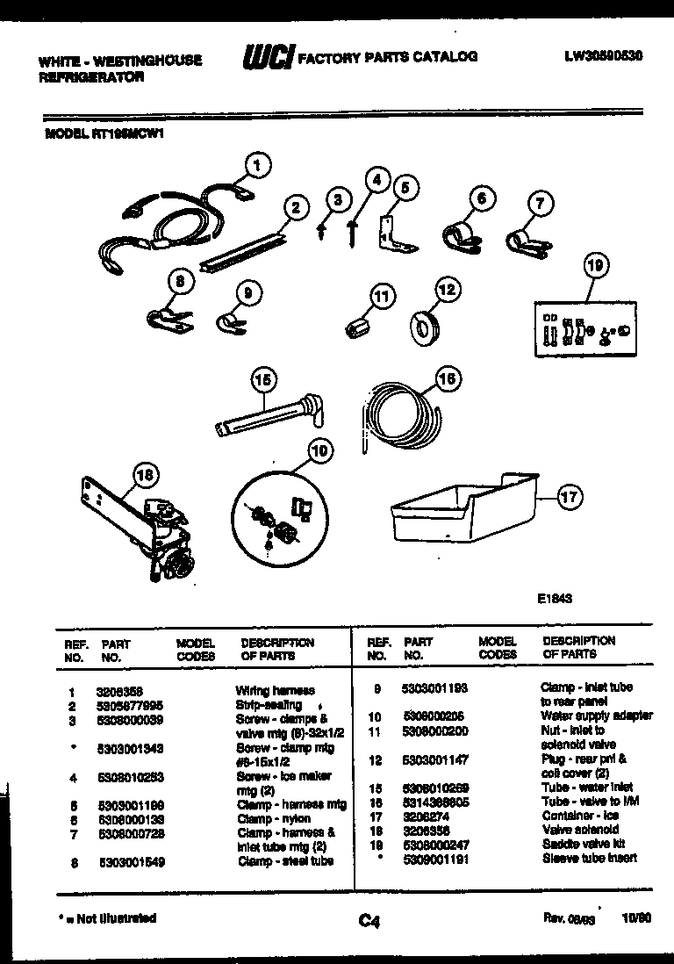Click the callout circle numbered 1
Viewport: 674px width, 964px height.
tap(256, 163)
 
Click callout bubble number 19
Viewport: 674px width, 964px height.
tap(596, 266)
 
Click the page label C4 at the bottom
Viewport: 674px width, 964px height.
tap(369, 920)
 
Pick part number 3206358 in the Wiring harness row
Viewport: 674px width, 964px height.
tap(116, 691)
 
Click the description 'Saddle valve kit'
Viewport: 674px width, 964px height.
tap(580, 844)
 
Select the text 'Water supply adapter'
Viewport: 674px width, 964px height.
tap(597, 716)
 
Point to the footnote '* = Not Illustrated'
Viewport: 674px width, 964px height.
tap(106, 917)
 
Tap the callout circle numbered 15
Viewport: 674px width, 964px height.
tap(262, 380)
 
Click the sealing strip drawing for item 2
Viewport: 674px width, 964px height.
tap(243, 250)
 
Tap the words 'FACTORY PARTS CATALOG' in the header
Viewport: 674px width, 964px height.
tap(388, 57)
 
